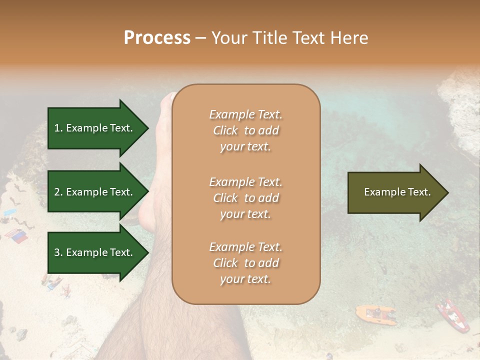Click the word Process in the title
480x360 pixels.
[x=157, y=38]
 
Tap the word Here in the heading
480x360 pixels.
[x=347, y=38]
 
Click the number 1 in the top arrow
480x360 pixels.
[x=57, y=128]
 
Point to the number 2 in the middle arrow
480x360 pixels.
[x=57, y=192]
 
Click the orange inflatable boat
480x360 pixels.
[x=375, y=314]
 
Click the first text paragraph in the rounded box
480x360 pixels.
[x=245, y=130]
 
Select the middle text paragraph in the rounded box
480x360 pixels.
[x=245, y=198]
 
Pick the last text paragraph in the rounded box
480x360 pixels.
[x=245, y=263]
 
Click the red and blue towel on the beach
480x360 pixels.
[x=16, y=236]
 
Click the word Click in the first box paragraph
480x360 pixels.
[x=225, y=130]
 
